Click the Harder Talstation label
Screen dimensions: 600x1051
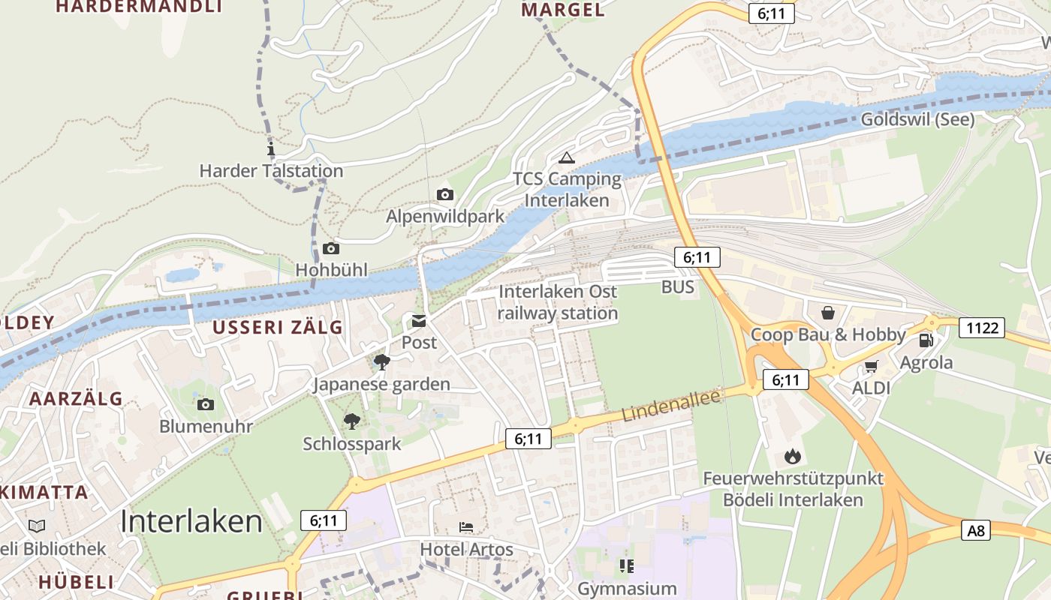pyautogui.click(x=271, y=171)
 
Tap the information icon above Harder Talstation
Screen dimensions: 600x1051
pyautogui.click(x=271, y=148)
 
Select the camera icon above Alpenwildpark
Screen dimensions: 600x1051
pyautogui.click(x=445, y=195)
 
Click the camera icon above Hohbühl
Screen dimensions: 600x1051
pyautogui.click(x=330, y=248)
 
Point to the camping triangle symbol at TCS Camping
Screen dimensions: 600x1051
pyautogui.click(x=566, y=157)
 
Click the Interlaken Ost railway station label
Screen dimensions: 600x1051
pyautogui.click(x=558, y=302)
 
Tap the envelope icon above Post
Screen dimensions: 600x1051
pyautogui.click(x=418, y=322)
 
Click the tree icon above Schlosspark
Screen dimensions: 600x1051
pyautogui.click(x=351, y=421)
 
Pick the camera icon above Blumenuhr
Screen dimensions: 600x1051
pyautogui.click(x=205, y=405)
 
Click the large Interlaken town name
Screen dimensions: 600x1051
pyautogui.click(x=191, y=521)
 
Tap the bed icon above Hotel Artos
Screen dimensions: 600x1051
pyautogui.click(x=466, y=527)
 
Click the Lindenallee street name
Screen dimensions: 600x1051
pyautogui.click(x=670, y=406)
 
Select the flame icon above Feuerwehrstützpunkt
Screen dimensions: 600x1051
pyautogui.click(x=792, y=456)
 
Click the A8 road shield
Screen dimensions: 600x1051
pyautogui.click(x=975, y=531)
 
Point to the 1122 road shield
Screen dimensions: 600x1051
pyautogui.click(x=981, y=327)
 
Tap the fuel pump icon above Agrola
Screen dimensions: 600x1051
pyautogui.click(x=926, y=340)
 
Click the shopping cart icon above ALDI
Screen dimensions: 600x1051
pyautogui.click(x=871, y=367)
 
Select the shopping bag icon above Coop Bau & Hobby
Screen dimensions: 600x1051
pyautogui.click(x=827, y=312)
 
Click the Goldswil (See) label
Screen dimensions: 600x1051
pyautogui.click(x=917, y=119)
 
